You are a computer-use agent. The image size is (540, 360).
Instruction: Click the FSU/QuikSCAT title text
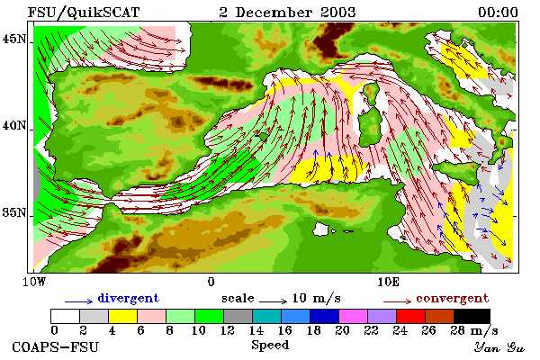[84, 13]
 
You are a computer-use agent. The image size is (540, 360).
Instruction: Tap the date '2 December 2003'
[287, 13]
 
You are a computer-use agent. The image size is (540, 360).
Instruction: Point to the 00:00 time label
[498, 13]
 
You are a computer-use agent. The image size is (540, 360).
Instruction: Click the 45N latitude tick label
[14, 40]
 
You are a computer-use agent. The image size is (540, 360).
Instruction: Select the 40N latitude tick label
[14, 125]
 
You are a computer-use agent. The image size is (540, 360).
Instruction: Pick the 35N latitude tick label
[14, 212]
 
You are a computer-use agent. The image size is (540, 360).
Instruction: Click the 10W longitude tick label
[34, 282]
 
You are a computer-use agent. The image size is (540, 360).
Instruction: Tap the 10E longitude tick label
[389, 282]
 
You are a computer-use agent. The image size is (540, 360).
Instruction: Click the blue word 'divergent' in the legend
[128, 298]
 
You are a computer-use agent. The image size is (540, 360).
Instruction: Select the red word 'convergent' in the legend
[452, 298]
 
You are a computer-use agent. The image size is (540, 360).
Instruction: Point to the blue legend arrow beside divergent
[79, 301]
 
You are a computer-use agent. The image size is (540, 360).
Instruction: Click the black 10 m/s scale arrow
[273, 301]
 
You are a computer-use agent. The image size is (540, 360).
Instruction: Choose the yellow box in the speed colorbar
[122, 316]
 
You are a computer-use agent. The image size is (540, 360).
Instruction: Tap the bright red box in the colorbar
[410, 316]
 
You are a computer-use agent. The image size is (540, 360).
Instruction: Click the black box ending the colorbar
[472, 316]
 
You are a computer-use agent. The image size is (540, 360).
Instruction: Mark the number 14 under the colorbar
[256, 330]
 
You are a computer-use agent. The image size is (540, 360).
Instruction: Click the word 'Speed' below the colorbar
[270, 345]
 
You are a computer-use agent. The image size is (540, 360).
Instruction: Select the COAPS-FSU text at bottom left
[56, 346]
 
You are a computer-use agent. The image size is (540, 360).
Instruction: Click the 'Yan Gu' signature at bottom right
[499, 347]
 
